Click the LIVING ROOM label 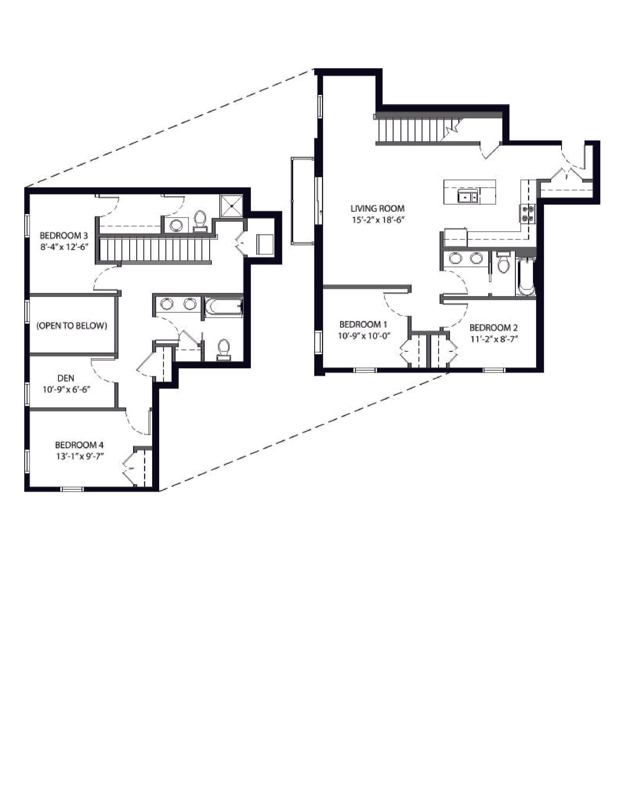click(377, 209)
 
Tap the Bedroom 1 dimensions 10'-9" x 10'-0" click(363, 335)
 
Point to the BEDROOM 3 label click(64, 235)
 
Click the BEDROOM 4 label click(79, 445)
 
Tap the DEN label click(66, 378)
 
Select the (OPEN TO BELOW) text click(72, 325)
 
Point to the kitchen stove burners click(527, 213)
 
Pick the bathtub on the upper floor click(224, 307)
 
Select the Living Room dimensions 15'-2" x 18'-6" click(377, 220)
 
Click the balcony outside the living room click(302, 200)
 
